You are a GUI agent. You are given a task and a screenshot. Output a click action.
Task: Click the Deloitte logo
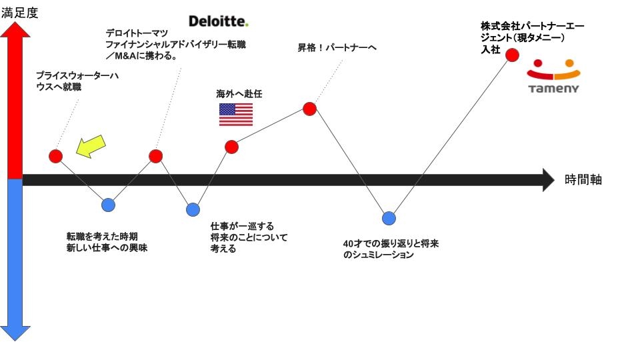(x=218, y=21)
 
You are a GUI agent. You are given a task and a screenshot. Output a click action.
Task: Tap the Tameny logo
(x=553, y=77)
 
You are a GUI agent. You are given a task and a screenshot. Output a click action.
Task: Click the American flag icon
(x=236, y=115)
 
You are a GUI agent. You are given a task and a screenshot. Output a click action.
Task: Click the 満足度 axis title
(x=19, y=12)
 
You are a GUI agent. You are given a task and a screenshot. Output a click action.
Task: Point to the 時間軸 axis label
(x=583, y=179)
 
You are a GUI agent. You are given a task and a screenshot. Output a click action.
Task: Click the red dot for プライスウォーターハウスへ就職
(x=56, y=156)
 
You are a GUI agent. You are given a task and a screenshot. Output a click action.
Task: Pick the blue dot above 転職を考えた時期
(x=108, y=205)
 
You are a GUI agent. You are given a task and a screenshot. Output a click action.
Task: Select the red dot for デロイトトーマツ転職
(x=155, y=156)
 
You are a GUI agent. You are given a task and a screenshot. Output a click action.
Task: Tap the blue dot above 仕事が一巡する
(x=193, y=210)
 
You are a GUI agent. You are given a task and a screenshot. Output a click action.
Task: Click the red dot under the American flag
(x=231, y=147)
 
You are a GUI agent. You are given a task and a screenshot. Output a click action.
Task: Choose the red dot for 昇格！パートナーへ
(x=309, y=109)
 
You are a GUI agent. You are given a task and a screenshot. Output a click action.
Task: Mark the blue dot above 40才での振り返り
(x=389, y=218)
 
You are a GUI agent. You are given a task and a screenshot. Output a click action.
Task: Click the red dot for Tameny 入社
(x=512, y=55)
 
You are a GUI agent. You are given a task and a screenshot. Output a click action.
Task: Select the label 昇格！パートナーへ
(x=337, y=48)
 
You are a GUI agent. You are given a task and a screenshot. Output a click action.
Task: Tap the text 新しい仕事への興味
(x=107, y=248)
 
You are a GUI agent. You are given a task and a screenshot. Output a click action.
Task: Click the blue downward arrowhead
(x=16, y=331)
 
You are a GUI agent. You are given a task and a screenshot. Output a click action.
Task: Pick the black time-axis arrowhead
(x=548, y=179)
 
